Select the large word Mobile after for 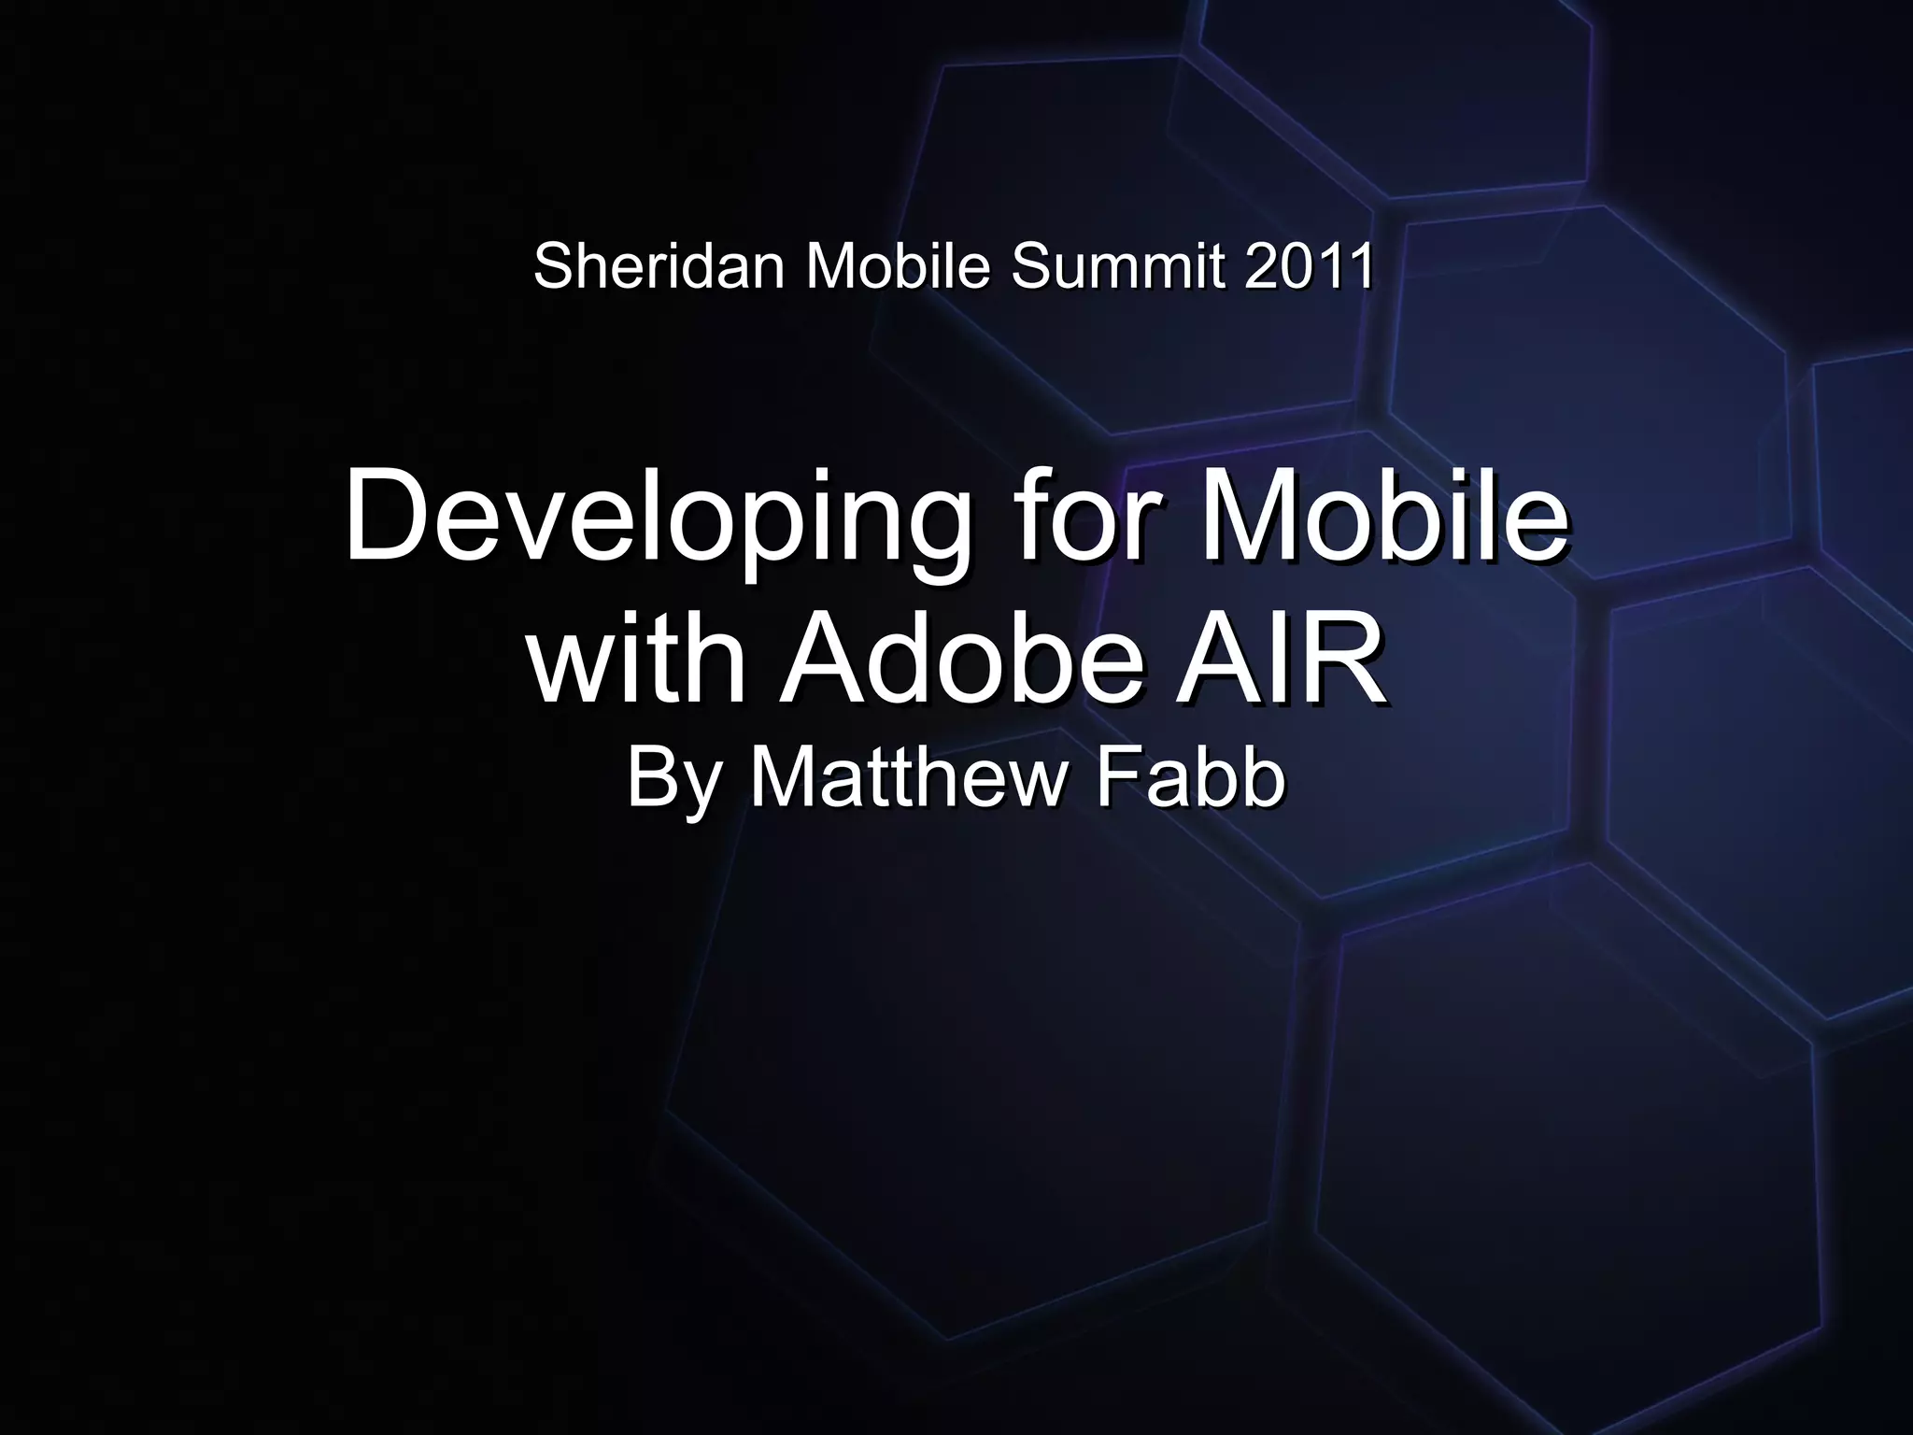[x=1383, y=516]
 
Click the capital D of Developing [x=384, y=516]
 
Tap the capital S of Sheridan [x=552, y=266]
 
